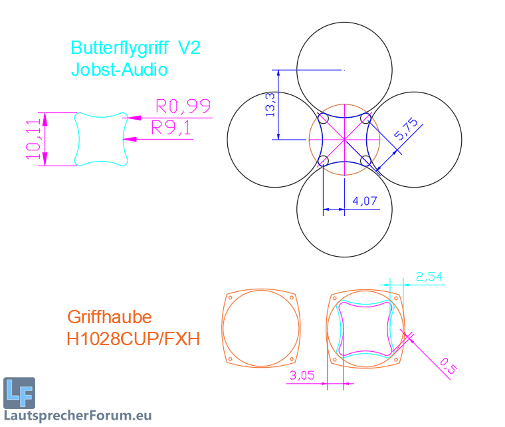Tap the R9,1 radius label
[x=171, y=128]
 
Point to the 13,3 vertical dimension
[x=270, y=104]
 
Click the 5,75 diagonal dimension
[x=405, y=129]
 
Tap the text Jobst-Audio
[x=120, y=69]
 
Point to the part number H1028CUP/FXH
[x=133, y=339]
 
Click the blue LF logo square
[x=19, y=392]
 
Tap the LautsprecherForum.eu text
[x=77, y=416]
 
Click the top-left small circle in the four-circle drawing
[x=324, y=118]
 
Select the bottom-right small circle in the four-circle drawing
[x=365, y=160]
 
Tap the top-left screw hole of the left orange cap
[x=230, y=297]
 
